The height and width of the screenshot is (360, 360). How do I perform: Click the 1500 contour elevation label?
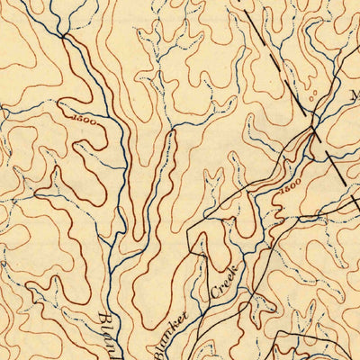(76, 117)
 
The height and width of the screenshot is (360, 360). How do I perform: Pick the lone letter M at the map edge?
(354, 94)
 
